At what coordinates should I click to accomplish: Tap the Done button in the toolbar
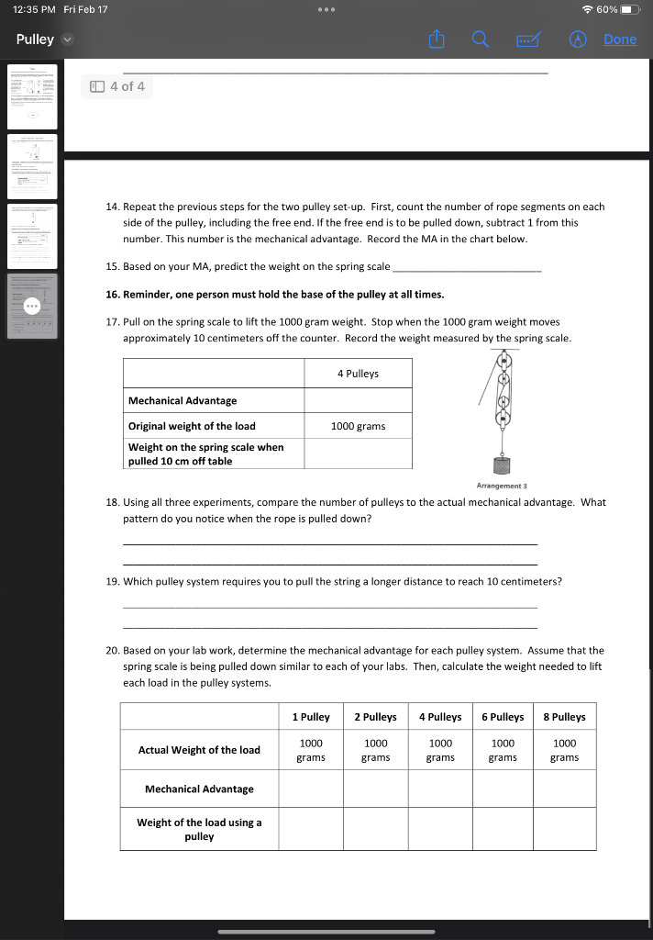coord(620,39)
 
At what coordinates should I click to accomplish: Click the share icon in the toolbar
coord(437,39)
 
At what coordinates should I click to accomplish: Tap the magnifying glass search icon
coord(481,39)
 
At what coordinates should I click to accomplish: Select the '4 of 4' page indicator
coord(117,86)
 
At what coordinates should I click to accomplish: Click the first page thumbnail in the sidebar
coord(33,96)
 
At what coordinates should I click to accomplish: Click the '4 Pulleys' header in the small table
coord(358,374)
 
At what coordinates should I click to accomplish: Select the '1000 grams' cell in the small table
coord(358,426)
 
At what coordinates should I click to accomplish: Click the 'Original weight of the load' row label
coord(192,426)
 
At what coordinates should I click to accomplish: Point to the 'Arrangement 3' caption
coord(502,486)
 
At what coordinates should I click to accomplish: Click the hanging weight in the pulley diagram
coord(503,465)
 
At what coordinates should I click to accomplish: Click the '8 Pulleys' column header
coord(564,717)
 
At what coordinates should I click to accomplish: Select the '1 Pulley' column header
coord(311,717)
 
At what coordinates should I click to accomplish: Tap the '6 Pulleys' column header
coord(503,717)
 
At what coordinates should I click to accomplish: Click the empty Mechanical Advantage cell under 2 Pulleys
coord(375,789)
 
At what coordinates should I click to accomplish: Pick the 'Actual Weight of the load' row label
coord(199,750)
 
